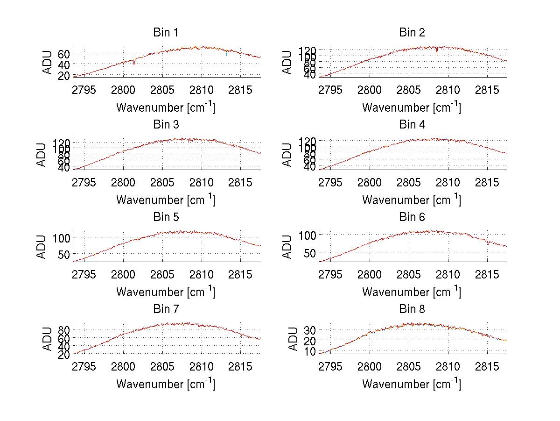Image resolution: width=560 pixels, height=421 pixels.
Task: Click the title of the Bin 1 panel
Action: pos(166,33)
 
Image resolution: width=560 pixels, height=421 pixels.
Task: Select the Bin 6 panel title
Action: pos(412,217)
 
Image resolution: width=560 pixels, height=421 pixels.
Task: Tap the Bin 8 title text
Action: pos(412,309)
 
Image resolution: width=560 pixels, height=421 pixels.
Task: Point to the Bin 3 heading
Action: pos(166,125)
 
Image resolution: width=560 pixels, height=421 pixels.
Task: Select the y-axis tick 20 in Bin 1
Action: pos(64,75)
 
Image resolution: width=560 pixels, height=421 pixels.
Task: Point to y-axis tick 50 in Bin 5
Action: pos(64,254)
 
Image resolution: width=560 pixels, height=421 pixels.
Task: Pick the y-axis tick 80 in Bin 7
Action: pos(64,329)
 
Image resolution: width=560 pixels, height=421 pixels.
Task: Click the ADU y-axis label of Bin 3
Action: pos(42,154)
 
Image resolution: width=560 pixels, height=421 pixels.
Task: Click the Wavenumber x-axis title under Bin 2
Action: pos(412,107)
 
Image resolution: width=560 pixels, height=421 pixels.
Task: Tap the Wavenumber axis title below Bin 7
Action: pos(166,384)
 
